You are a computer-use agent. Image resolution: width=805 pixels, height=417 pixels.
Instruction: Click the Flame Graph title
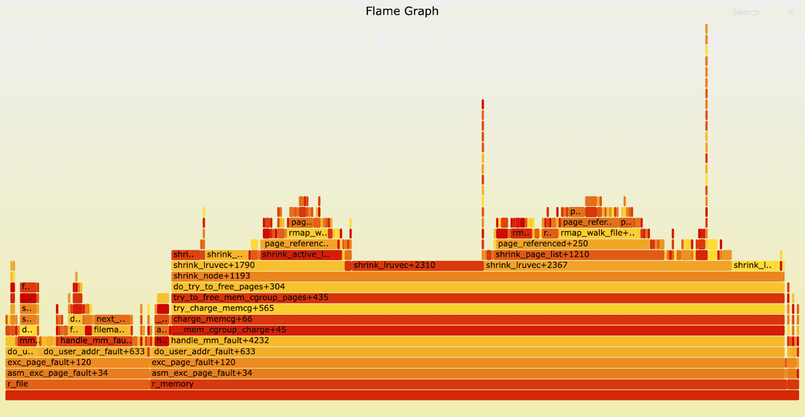402,11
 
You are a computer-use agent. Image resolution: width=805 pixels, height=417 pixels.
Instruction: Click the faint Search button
745,13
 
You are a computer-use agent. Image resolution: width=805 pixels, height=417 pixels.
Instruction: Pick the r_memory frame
468,384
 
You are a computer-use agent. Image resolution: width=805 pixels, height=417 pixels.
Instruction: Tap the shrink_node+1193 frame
477,276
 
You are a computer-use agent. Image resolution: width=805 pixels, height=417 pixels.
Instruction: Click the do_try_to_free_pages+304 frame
477,287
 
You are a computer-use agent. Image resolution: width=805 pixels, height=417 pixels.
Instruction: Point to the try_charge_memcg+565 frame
477,309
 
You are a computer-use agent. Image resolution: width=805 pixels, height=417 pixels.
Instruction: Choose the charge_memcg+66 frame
477,319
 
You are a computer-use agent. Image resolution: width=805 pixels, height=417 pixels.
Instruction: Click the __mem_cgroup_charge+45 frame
477,330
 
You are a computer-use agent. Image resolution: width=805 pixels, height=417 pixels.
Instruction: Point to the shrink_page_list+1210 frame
579,255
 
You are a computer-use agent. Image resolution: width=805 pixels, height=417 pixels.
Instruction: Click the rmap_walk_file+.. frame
599,233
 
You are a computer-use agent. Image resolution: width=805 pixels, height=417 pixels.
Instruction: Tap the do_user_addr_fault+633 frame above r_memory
468,352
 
